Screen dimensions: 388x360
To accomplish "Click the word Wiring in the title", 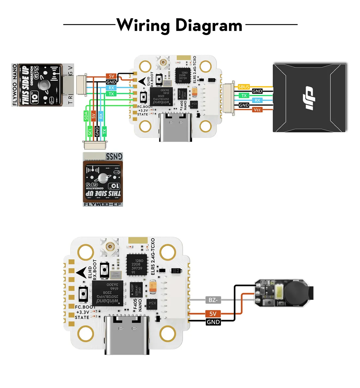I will (x=143, y=25).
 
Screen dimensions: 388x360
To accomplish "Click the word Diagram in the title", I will (x=209, y=26).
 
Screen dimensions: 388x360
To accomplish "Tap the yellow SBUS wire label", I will (x=244, y=87).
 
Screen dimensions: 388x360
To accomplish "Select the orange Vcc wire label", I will (x=257, y=110).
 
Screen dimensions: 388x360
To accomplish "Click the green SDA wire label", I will (x=86, y=116).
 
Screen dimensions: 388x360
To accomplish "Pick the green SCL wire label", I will (x=90, y=131).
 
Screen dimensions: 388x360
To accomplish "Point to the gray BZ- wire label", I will (x=213, y=300).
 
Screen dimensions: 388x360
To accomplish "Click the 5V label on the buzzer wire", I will (x=213, y=314).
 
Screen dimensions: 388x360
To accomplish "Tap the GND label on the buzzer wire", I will (x=213, y=322).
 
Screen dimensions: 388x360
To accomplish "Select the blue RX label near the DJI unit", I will (x=257, y=100).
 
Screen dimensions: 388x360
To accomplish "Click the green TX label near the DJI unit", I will (x=244, y=96).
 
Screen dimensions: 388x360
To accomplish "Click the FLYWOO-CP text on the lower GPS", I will (x=103, y=204).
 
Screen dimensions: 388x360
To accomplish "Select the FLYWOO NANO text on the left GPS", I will (x=15, y=85).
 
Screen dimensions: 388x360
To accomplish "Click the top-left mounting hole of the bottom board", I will (x=86, y=252).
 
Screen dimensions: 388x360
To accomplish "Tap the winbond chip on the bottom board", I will (x=107, y=294).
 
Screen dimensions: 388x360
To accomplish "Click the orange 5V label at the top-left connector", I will (x=112, y=76).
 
